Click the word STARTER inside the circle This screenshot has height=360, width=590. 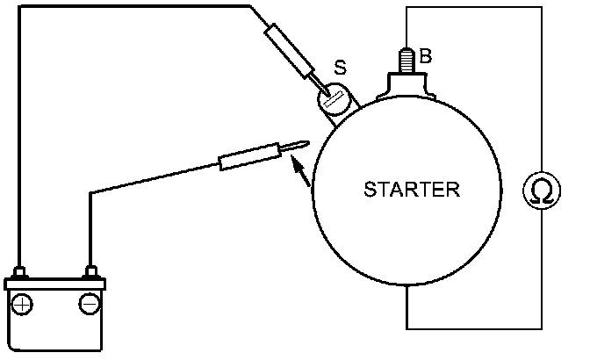[x=412, y=189]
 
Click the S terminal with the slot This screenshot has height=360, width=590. [x=333, y=98]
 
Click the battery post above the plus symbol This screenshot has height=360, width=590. [x=23, y=272]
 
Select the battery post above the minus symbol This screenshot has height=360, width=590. [x=89, y=272]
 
